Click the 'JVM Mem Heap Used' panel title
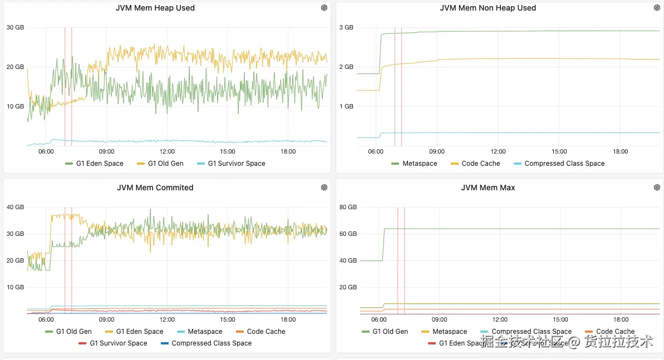click(155, 8)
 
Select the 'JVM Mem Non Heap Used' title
click(488, 8)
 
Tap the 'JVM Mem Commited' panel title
click(155, 188)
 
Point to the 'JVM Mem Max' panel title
click(488, 188)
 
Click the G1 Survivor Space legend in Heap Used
click(236, 164)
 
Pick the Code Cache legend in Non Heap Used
click(481, 164)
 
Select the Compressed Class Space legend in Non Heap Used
click(564, 164)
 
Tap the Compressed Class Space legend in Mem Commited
click(212, 343)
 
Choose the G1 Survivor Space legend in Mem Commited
click(118, 343)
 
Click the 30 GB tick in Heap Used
click(15, 27)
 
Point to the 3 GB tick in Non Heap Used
click(346, 27)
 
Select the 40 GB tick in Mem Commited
click(15, 207)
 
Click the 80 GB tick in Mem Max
click(347, 207)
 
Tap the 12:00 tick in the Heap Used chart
click(167, 151)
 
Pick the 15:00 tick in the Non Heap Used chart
click(559, 151)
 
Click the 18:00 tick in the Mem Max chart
click(621, 319)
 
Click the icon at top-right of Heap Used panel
click(324, 8)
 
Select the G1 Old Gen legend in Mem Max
click(390, 332)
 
